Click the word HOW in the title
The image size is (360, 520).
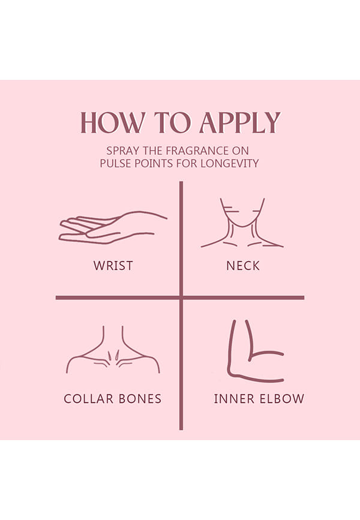pyautogui.click(x=113, y=122)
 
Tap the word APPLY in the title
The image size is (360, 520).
pyautogui.click(x=241, y=122)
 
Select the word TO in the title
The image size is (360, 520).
pyautogui.click(x=173, y=122)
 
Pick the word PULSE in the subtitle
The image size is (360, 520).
pyautogui.click(x=115, y=163)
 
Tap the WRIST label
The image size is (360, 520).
pyautogui.click(x=113, y=265)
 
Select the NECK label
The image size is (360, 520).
pyautogui.click(x=243, y=265)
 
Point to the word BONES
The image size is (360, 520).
pyautogui.click(x=140, y=399)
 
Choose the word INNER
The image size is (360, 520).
pyautogui.click(x=234, y=399)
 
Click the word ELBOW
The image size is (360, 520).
pyautogui.click(x=282, y=399)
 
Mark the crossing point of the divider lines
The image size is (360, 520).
pyautogui.click(x=181, y=298)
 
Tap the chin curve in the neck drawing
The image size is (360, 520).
pyautogui.click(x=242, y=226)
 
